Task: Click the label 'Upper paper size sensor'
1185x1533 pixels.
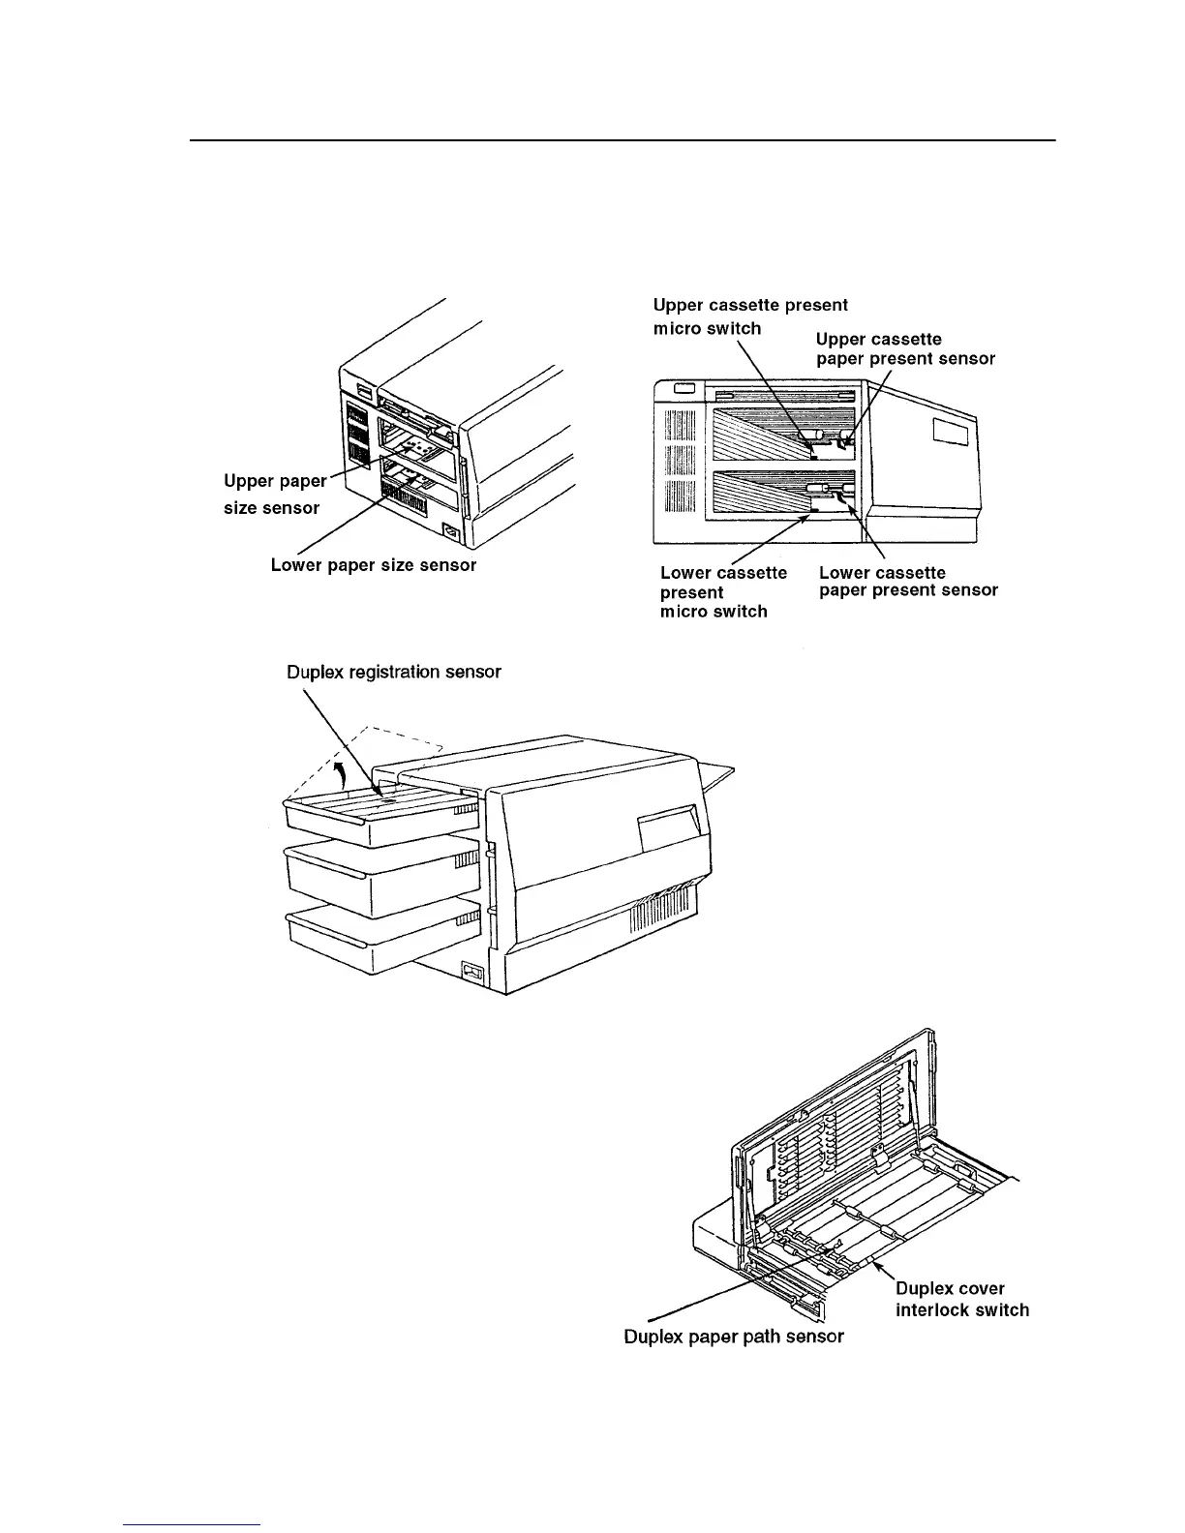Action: (275, 495)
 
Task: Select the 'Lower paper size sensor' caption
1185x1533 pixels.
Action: (374, 565)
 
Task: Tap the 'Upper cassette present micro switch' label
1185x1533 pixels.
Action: (749, 316)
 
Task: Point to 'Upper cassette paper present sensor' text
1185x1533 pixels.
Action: (905, 348)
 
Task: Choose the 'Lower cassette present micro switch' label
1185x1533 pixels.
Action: (723, 591)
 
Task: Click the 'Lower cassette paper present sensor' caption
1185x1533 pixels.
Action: (908, 581)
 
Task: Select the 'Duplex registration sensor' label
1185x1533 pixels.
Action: (394, 672)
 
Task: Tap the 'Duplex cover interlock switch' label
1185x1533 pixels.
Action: (962, 1299)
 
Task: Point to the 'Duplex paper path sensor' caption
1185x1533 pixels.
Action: (733, 1337)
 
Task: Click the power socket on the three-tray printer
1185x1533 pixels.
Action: (471, 972)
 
